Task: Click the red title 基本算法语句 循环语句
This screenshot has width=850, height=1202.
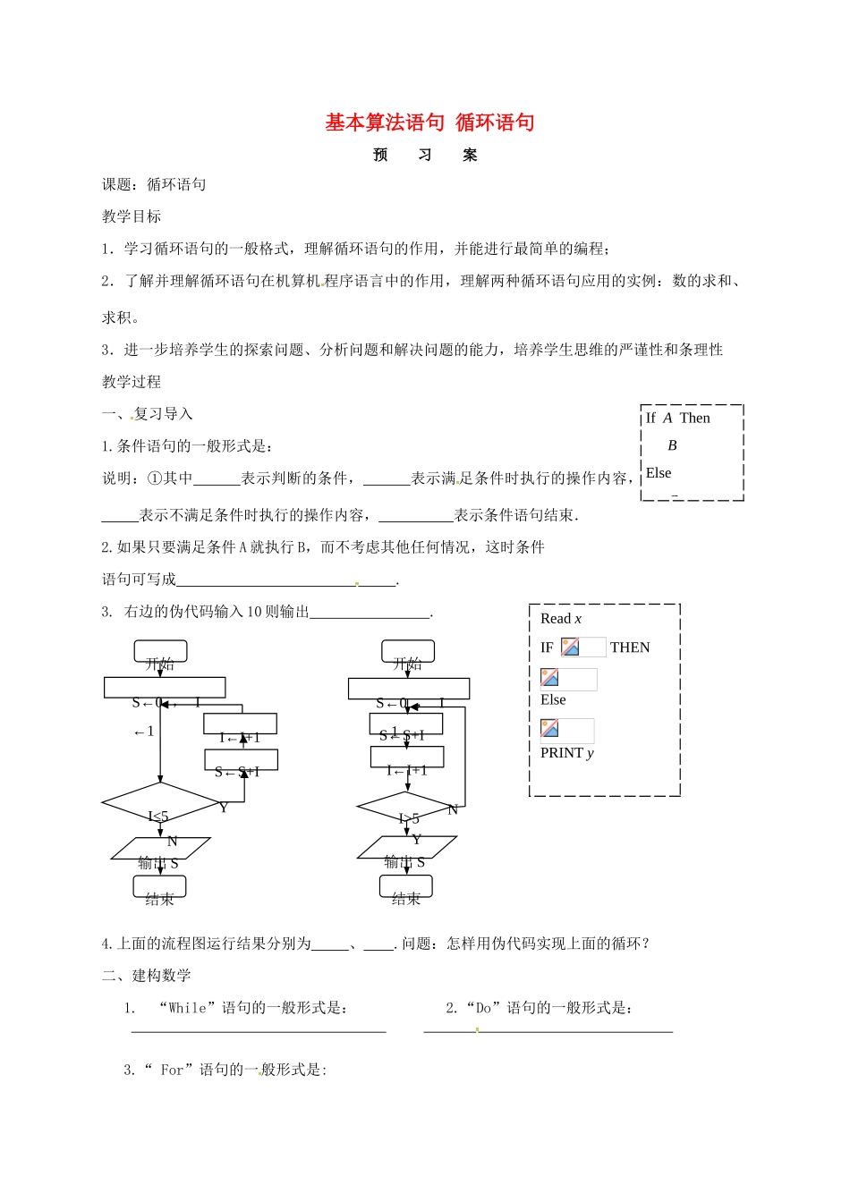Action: [429, 123]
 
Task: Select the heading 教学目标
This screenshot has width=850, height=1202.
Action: [132, 216]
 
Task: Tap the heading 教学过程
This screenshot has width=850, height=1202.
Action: [132, 382]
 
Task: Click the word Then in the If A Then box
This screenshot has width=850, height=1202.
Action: [694, 418]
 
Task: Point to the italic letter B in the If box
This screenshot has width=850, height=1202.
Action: [672, 445]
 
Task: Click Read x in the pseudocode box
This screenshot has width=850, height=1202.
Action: [561, 619]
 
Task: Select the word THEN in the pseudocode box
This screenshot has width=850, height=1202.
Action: [630, 648]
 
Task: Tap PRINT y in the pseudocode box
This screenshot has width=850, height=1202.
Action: [566, 753]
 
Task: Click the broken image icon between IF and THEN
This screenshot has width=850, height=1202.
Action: [570, 647]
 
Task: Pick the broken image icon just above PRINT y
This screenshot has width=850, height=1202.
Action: [550, 729]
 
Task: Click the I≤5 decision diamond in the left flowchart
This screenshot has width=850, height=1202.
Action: [160, 804]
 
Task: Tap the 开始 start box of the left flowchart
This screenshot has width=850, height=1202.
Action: [160, 652]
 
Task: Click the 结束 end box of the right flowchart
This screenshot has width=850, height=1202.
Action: [406, 887]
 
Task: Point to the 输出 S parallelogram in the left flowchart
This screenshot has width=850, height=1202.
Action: [160, 849]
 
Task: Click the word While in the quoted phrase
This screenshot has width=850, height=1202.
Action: [187, 1008]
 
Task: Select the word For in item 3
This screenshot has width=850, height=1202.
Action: [172, 1070]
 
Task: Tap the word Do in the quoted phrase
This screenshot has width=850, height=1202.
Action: [483, 1008]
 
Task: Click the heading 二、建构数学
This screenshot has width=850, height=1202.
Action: [147, 976]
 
